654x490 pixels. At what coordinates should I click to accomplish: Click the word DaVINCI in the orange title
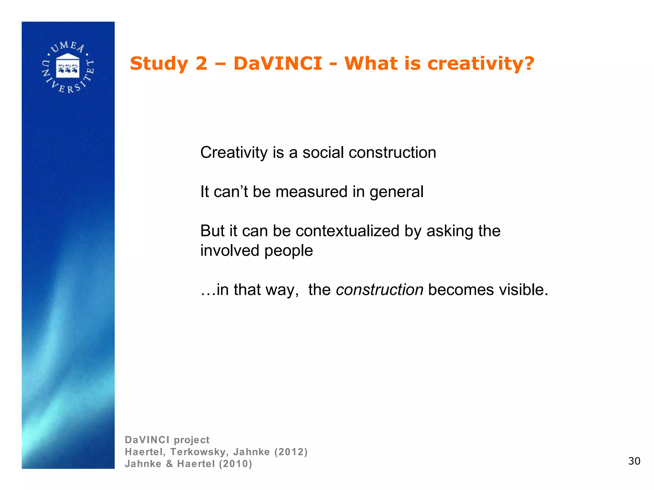(278, 63)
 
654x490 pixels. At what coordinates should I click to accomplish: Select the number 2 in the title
(201, 63)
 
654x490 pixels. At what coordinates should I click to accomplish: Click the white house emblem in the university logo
(68, 66)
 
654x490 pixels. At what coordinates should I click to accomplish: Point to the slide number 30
(634, 461)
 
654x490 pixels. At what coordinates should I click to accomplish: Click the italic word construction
(380, 290)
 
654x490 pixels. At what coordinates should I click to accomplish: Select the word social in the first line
(323, 152)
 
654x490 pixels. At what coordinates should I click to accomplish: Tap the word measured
(311, 192)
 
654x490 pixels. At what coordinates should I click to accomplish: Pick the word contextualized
(347, 231)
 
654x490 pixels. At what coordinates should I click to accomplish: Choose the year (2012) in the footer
(291, 452)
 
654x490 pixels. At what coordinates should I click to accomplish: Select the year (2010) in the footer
(235, 464)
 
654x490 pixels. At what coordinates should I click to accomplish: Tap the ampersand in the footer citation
(169, 464)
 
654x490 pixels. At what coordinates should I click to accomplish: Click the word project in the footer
(192, 440)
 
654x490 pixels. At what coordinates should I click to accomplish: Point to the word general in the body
(396, 192)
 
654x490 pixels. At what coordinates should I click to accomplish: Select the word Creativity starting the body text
(234, 152)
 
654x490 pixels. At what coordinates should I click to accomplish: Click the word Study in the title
(159, 63)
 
